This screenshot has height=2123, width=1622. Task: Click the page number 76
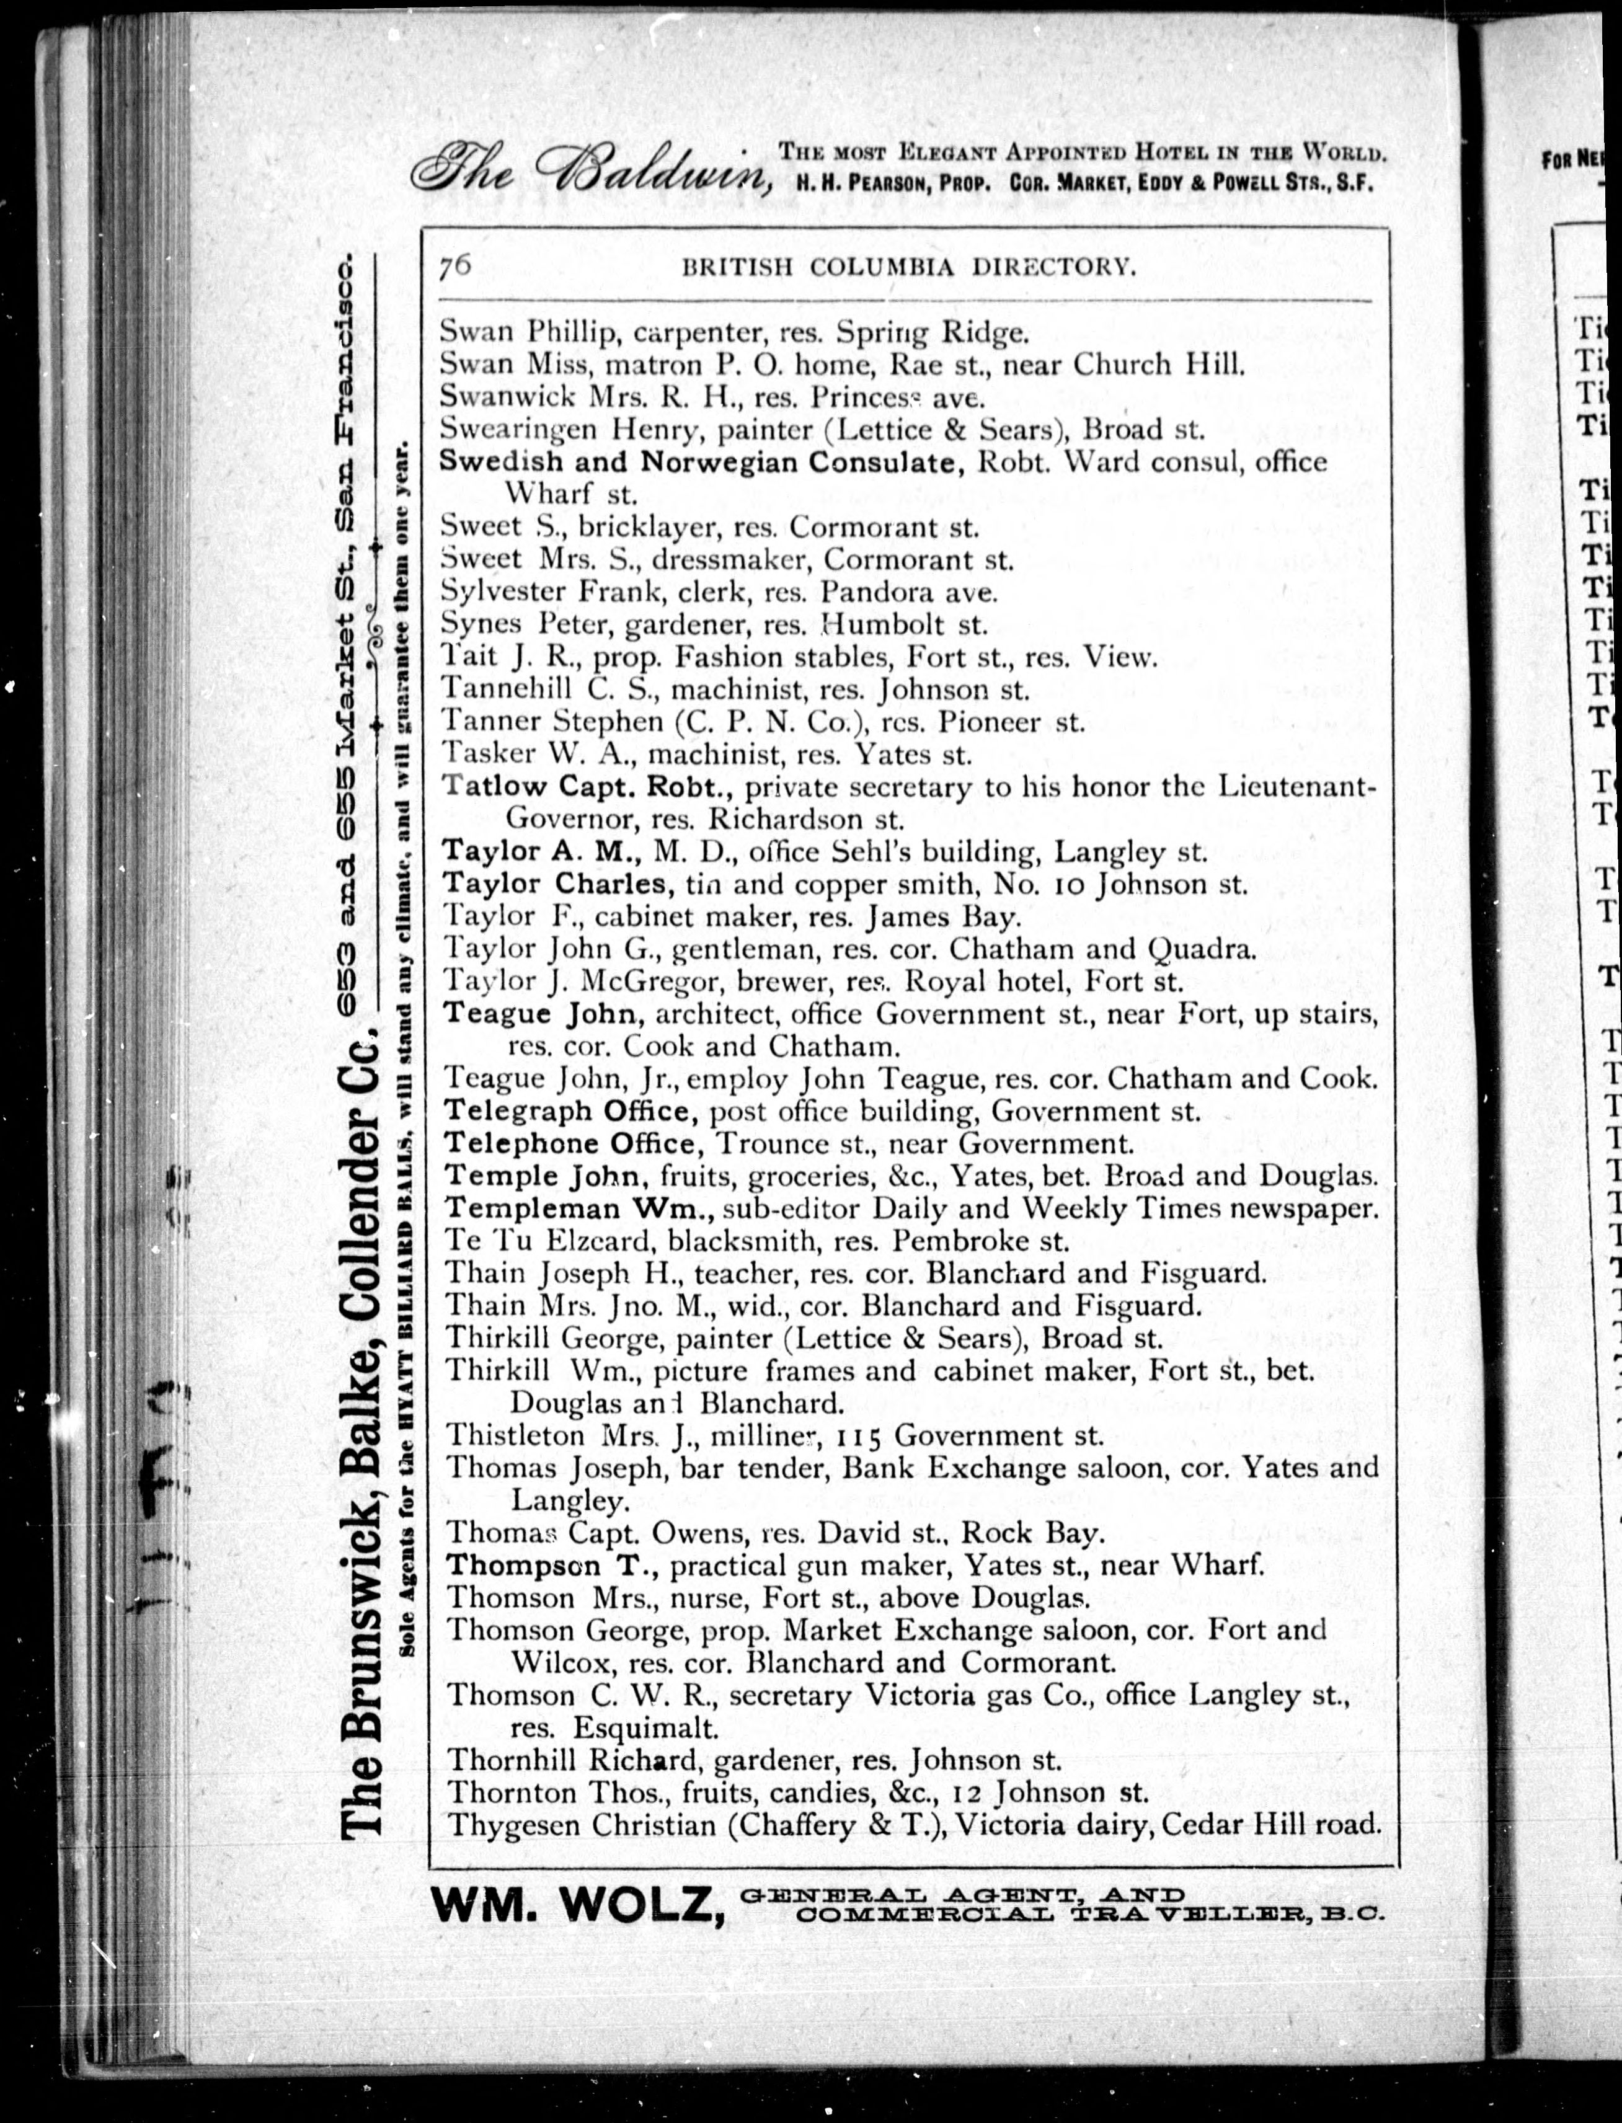click(454, 265)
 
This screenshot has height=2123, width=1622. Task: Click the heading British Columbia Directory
click(908, 267)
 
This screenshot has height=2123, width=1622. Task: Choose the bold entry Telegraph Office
click(570, 1111)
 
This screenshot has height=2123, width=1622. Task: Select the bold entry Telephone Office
click(570, 1144)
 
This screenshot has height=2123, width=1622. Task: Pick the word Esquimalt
click(645, 1727)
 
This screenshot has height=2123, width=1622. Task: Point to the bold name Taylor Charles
click(554, 884)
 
